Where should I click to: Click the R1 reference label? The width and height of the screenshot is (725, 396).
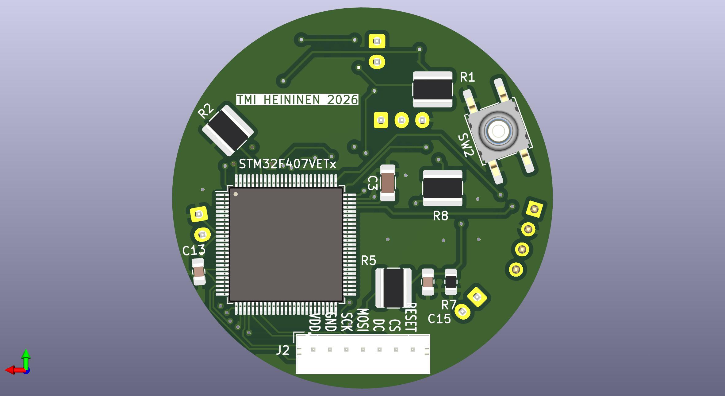coord(467,77)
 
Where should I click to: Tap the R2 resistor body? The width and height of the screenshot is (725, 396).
coord(228,130)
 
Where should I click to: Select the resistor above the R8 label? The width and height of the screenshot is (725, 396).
coord(443,188)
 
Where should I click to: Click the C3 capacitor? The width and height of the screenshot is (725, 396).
coord(388,183)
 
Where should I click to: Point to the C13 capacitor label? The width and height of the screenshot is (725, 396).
coord(194,251)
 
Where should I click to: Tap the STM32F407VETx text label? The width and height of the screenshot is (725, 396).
coord(287,164)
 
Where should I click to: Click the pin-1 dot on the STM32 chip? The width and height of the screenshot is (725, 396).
coord(236,194)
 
